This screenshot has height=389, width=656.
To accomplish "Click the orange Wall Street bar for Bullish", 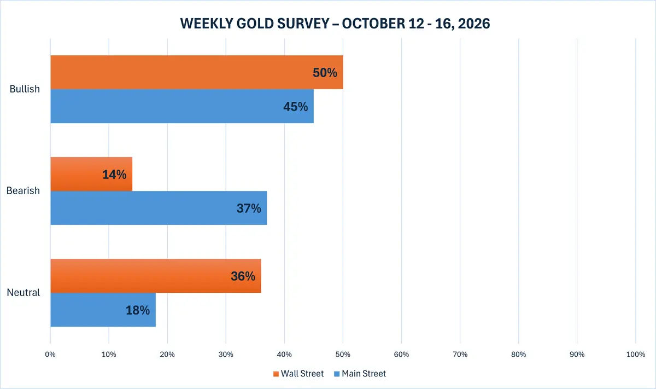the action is tap(197, 72).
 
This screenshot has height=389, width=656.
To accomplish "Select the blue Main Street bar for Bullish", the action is tap(182, 106).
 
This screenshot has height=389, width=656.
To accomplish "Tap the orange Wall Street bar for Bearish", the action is tap(91, 174).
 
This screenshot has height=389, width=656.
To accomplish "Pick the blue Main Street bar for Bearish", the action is tap(159, 208).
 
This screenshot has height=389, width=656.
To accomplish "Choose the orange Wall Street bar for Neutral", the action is tap(156, 276).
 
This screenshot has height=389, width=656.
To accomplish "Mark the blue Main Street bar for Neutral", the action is tap(103, 310).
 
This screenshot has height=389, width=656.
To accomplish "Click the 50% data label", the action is tap(325, 73).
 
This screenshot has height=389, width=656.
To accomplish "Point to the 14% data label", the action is tap(114, 175).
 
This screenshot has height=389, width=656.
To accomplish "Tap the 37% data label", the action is tap(249, 208).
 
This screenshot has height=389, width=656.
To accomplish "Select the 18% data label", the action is tap(138, 310).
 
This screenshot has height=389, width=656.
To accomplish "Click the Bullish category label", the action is tap(25, 89).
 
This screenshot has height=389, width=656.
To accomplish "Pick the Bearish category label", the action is tap(23, 190).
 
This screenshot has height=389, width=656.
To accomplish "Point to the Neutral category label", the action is tap(24, 292).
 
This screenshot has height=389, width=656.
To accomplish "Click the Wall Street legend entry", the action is tap(298, 374).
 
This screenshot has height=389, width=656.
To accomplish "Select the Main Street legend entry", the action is tap(360, 374).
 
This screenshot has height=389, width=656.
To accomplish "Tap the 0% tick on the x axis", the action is tap(50, 355).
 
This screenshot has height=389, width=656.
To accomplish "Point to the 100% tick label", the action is tap(635, 355).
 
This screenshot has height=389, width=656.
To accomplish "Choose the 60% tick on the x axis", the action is tap(401, 355).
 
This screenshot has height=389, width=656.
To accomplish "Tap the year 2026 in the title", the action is tap(474, 24).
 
